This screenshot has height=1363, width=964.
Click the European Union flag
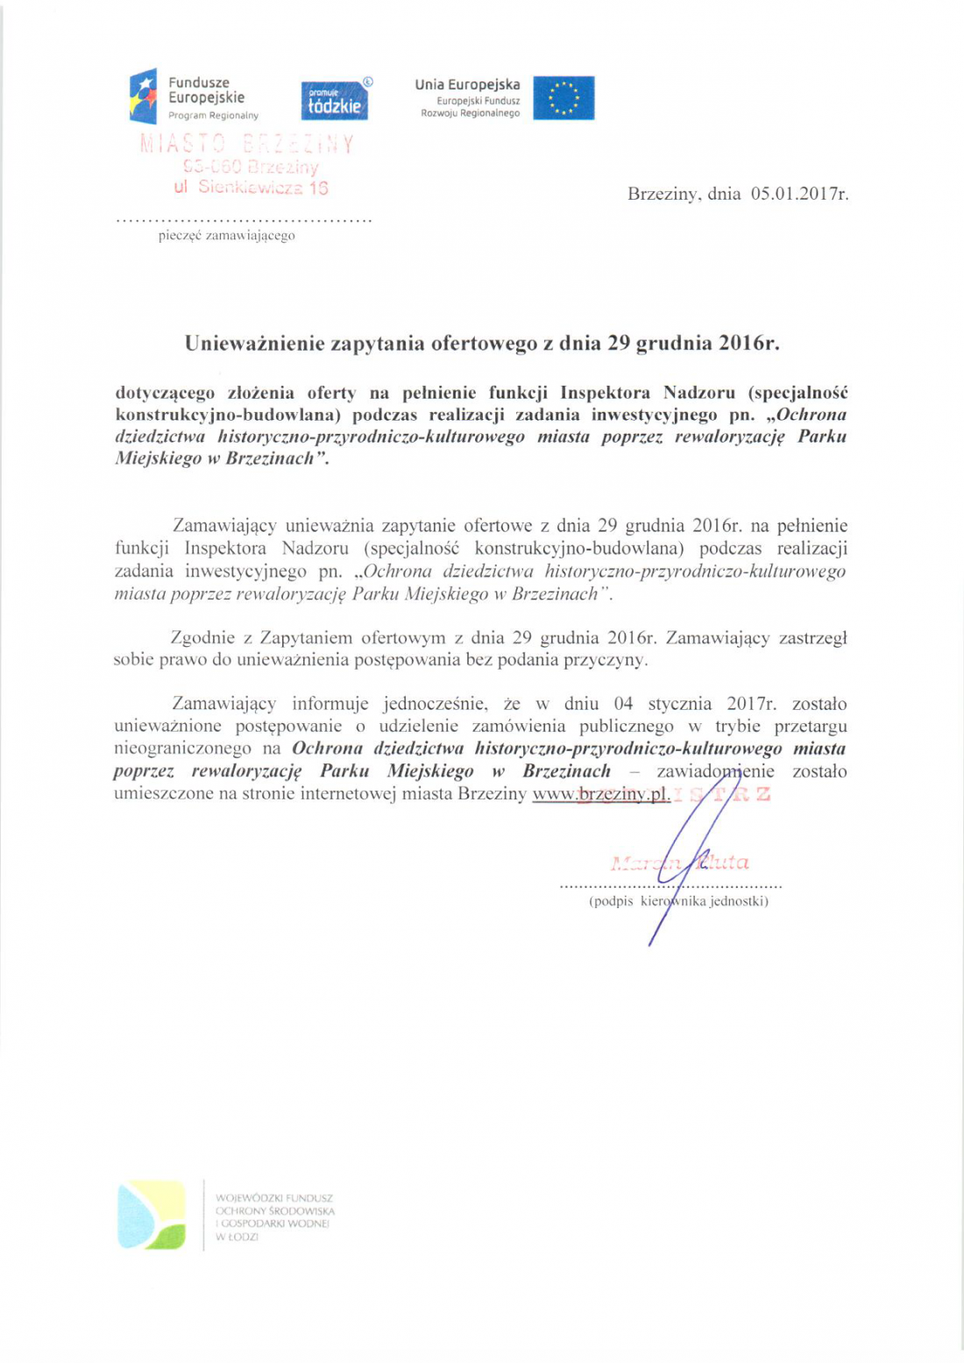[x=564, y=98]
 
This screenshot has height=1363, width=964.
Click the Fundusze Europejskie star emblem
[x=143, y=96]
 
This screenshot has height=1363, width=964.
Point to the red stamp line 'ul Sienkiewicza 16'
[x=251, y=187]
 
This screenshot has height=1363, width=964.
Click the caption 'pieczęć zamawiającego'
[x=226, y=236]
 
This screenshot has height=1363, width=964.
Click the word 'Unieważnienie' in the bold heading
[x=254, y=343]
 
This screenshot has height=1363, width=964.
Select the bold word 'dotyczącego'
[x=165, y=393]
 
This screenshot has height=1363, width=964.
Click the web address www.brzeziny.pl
[x=601, y=794]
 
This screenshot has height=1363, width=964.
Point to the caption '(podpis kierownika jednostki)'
[x=678, y=901]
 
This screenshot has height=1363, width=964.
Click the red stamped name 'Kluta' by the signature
[x=724, y=863]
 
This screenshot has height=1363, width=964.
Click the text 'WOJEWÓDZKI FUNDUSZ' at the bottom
[x=274, y=1197]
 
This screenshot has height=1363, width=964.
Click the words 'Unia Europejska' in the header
[x=467, y=85]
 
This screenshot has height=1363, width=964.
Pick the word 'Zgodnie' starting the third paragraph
[x=201, y=638]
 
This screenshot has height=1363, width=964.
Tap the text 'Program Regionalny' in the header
[x=213, y=116]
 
